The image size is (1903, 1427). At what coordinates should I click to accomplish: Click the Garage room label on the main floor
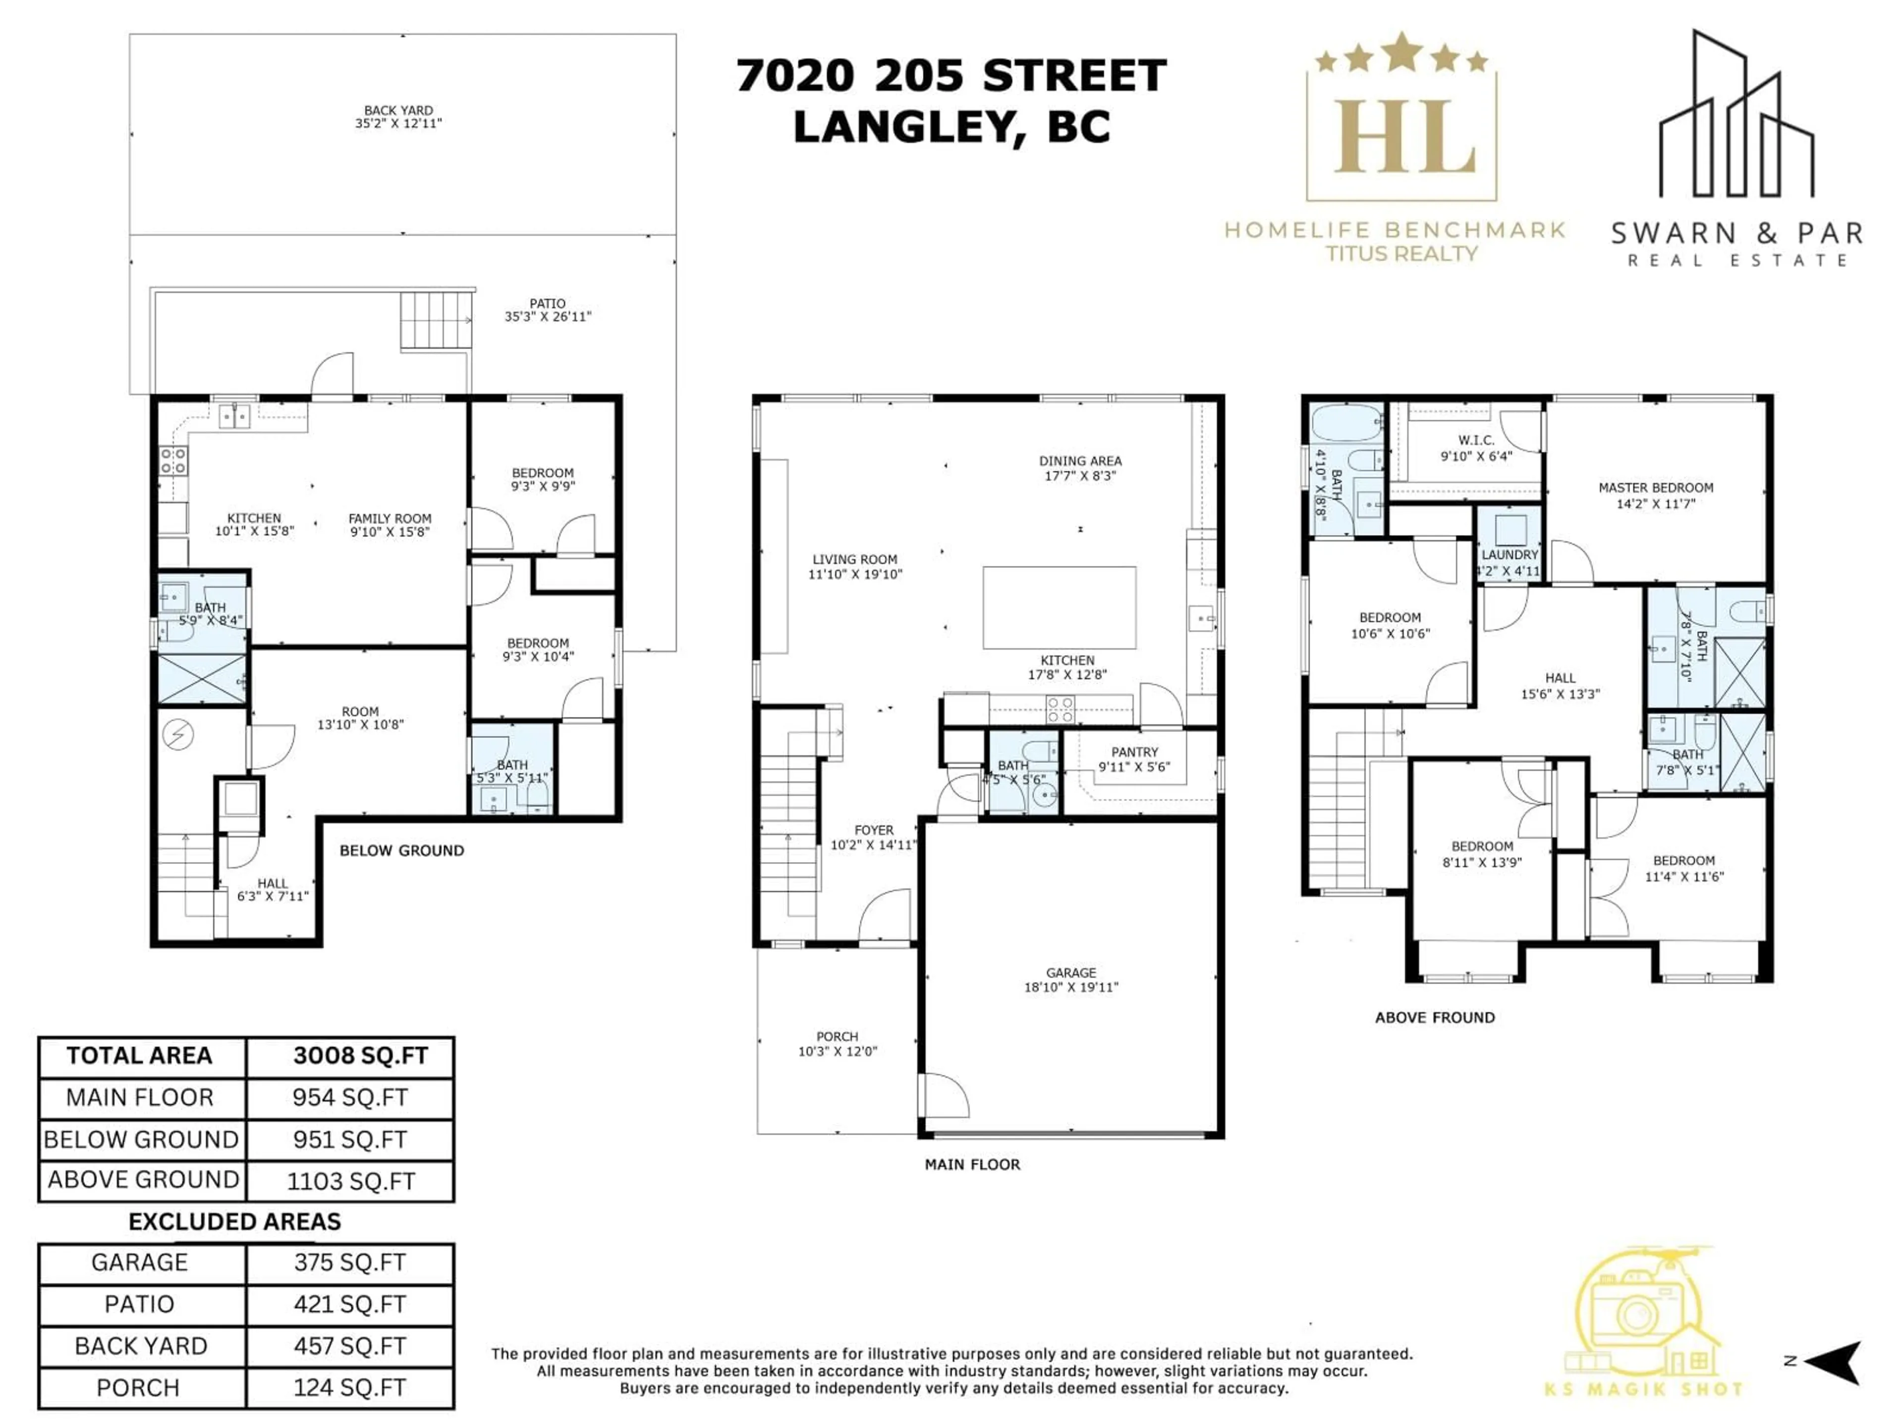coord(1071,973)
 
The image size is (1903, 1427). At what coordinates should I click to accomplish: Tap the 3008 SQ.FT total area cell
coord(360,1056)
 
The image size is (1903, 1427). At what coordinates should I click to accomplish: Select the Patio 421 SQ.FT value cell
coord(349,1304)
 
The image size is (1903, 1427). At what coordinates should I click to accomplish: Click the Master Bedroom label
coord(1655,488)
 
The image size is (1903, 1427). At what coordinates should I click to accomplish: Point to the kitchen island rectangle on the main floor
coord(1059,607)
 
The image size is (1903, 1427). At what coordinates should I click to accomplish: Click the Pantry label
coord(1134,752)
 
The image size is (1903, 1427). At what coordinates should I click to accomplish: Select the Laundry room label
coord(1509,555)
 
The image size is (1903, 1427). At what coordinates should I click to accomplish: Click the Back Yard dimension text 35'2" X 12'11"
coord(398,123)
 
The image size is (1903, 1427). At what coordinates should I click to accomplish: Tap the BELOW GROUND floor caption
coord(402,851)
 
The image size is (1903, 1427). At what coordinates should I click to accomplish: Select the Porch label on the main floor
coord(837,1037)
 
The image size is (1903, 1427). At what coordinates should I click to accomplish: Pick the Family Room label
coord(390,519)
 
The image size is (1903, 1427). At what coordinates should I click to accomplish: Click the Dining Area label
coord(1080,461)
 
